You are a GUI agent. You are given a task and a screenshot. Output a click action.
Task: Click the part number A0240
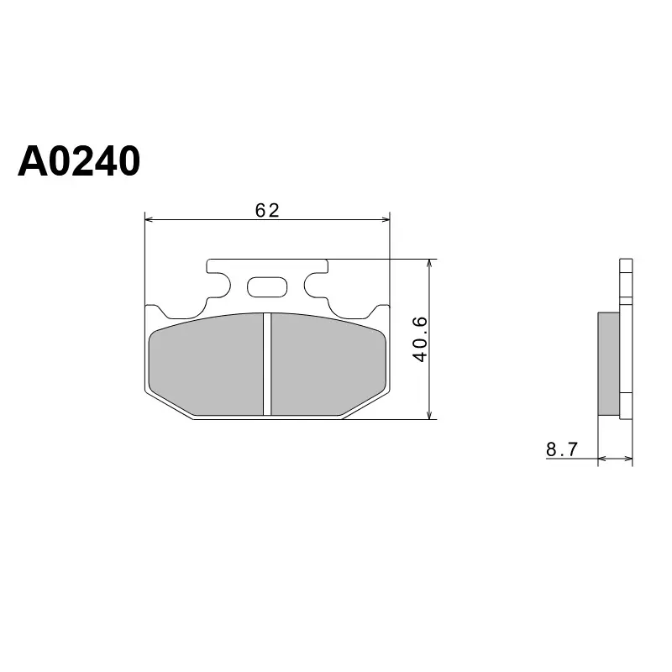coord(79,161)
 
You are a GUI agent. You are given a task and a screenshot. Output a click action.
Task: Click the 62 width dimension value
coord(267,210)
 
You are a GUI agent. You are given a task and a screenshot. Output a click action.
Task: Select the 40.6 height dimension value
coord(420,339)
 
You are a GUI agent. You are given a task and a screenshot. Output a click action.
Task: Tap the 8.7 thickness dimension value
coord(562,449)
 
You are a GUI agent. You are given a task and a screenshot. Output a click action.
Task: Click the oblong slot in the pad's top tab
coord(267,287)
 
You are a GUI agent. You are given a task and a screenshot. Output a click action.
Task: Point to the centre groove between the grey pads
coord(267,364)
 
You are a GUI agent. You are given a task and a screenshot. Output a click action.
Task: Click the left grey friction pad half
coord(206,365)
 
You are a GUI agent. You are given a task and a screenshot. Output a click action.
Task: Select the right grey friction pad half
coord(328,365)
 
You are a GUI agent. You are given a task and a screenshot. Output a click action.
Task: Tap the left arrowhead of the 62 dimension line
coord(149,220)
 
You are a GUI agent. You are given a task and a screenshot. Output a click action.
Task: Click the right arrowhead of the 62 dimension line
coord(386,220)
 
